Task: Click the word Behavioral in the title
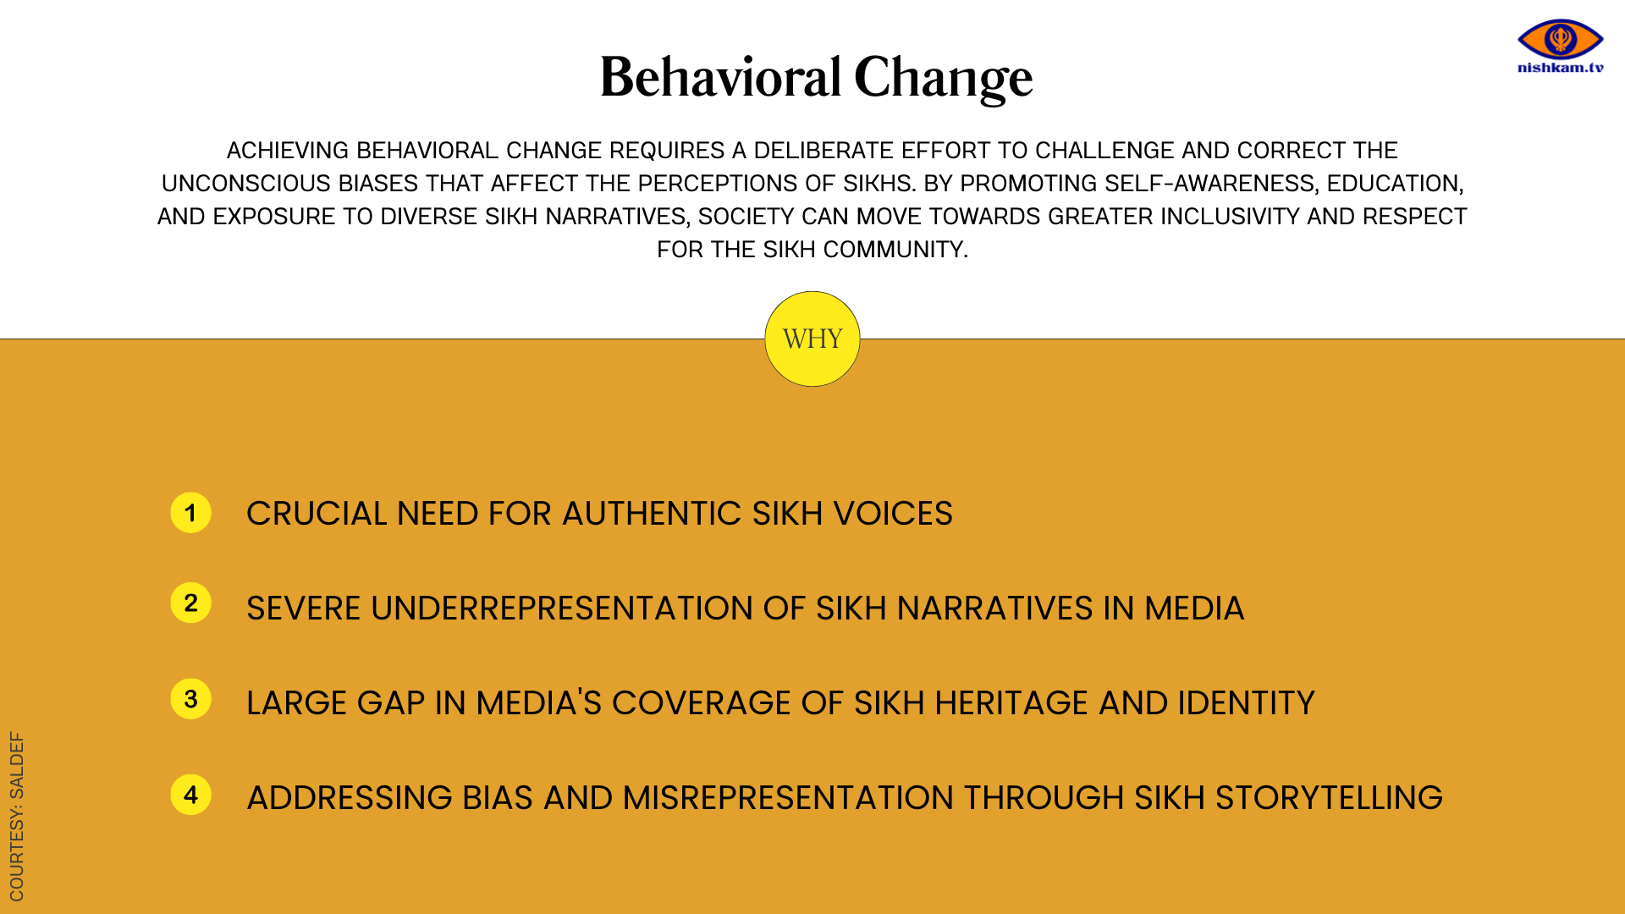721,77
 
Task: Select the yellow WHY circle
812,339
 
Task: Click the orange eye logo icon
1561,39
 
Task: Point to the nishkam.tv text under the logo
1561,68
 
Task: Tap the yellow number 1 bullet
190,513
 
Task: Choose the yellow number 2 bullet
190,603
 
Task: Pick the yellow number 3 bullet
190,699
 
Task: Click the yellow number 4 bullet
190,795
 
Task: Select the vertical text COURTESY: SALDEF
17,817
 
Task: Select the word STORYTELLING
1329,798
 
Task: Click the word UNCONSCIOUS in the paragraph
246,184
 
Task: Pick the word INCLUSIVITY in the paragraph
1230,217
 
